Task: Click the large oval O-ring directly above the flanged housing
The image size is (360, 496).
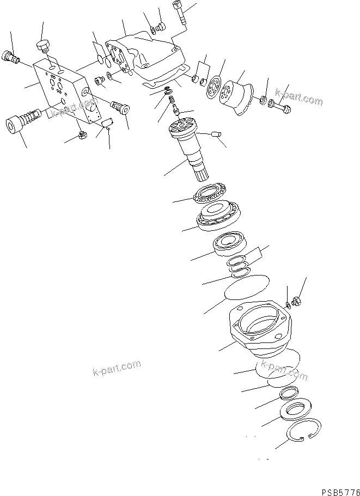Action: (x=246, y=285)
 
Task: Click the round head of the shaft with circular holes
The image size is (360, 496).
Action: (x=184, y=129)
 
